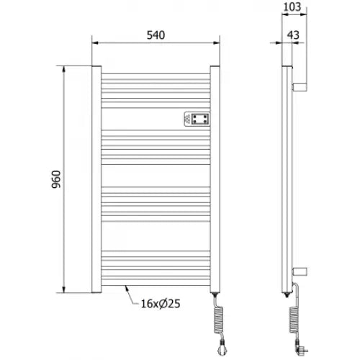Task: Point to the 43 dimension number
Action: coord(293,35)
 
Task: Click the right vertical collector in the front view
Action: coord(214,180)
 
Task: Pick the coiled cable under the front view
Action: coord(217,322)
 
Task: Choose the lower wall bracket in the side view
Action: coord(301,271)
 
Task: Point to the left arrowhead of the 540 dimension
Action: coord(94,44)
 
